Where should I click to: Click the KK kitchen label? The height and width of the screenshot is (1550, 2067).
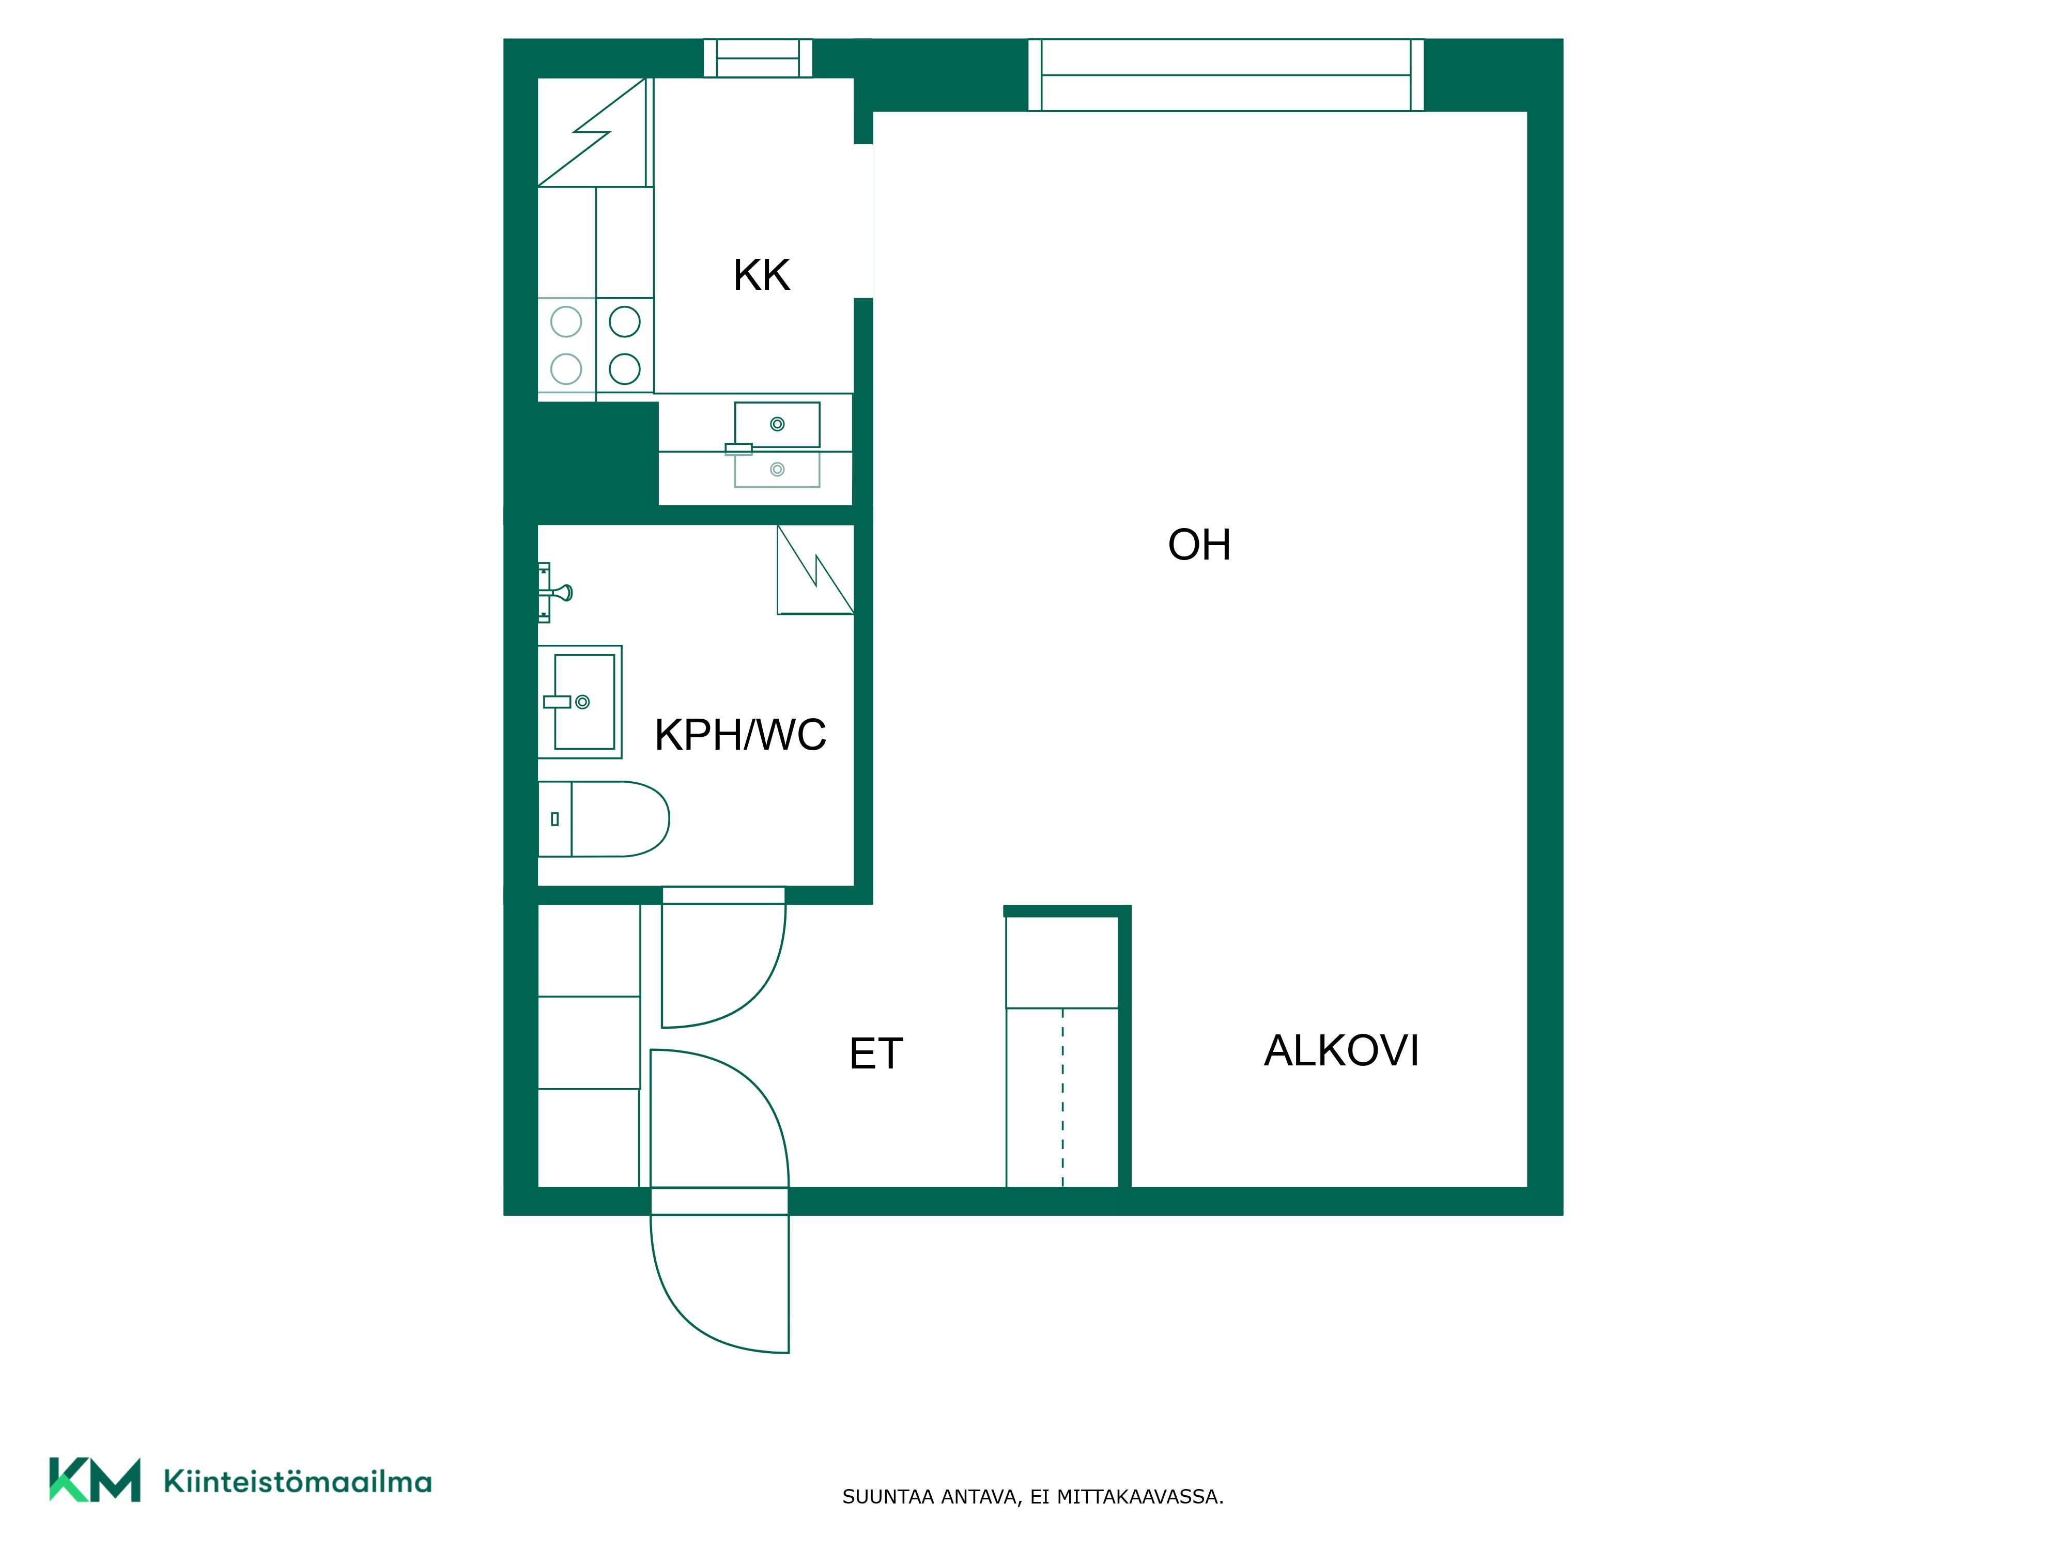pos(762,275)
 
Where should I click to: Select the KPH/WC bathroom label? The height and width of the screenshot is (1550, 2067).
pos(740,734)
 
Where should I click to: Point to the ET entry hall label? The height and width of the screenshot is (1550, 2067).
pos(875,1054)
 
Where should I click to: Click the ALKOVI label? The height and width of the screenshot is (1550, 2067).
pos(1341,1051)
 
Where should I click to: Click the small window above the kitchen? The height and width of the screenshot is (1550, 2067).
pos(758,58)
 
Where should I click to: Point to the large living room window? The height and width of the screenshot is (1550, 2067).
pos(1226,75)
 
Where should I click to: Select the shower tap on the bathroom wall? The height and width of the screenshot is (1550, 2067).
pos(555,592)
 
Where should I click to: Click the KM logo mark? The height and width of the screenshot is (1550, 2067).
pos(95,1479)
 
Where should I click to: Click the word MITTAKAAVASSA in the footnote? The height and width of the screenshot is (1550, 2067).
pos(1140,1497)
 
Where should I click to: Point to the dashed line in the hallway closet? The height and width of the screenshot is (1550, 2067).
pos(1062,1098)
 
